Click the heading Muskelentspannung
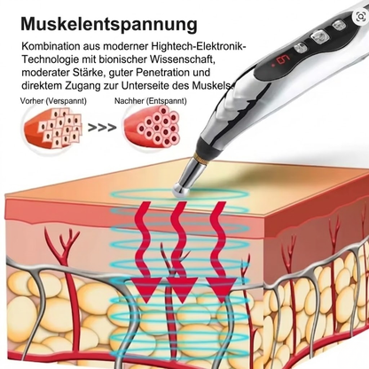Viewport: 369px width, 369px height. click(x=109, y=24)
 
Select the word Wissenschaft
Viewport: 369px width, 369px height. click(x=182, y=59)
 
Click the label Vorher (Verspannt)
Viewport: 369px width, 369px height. click(x=53, y=101)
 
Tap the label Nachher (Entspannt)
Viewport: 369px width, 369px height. click(x=151, y=101)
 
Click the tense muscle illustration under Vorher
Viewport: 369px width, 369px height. click(x=52, y=126)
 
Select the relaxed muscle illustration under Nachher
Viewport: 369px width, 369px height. click(x=152, y=127)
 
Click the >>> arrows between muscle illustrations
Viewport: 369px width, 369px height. click(x=102, y=128)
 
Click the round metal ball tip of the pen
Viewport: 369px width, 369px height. click(x=181, y=190)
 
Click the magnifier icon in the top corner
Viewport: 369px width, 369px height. click(x=361, y=17)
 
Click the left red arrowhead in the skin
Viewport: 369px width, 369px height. click(x=146, y=290)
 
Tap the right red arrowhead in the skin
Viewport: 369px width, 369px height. click(x=221, y=290)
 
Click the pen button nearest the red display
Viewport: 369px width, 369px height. click(x=301, y=47)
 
